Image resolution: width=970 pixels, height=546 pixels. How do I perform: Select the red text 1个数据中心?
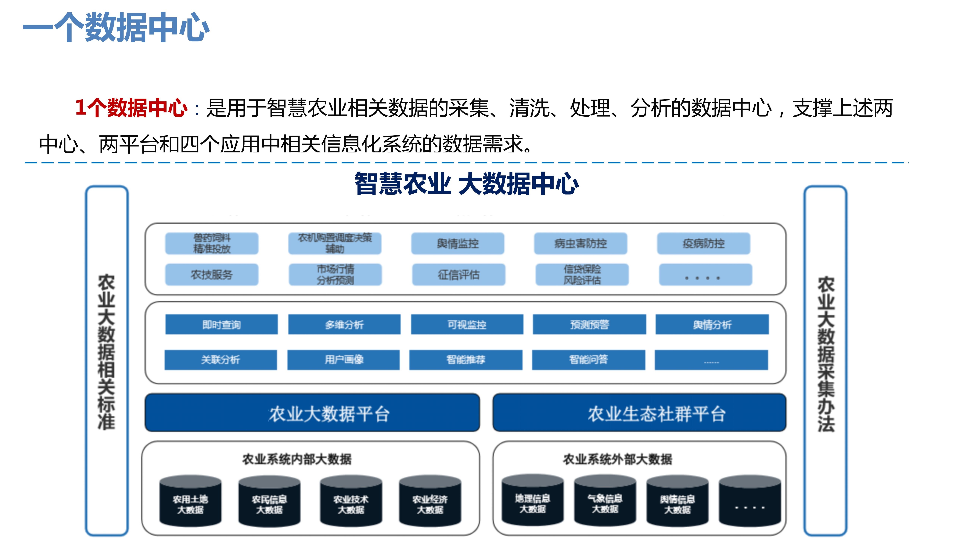tap(131, 108)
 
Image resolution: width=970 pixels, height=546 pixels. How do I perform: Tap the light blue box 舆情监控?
tap(458, 243)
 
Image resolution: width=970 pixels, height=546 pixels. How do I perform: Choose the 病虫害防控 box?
tap(580, 243)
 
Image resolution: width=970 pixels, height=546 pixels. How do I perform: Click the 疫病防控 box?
tap(703, 243)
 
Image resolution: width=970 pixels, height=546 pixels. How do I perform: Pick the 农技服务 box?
tap(212, 275)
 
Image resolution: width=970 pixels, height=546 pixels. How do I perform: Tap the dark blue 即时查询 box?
tap(221, 324)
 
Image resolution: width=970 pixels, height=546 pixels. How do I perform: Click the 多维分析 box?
tap(344, 324)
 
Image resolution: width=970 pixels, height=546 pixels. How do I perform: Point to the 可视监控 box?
tap(467, 324)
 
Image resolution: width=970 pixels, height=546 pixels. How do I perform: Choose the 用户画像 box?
tap(343, 359)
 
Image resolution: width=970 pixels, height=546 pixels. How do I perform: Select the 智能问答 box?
tap(588, 359)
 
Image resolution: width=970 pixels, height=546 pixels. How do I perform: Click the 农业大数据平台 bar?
tap(312, 413)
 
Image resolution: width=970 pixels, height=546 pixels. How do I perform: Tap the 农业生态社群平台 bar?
tap(639, 413)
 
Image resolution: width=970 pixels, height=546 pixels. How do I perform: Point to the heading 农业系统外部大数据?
tap(618, 459)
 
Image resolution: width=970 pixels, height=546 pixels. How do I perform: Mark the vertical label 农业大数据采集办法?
tap(825, 354)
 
